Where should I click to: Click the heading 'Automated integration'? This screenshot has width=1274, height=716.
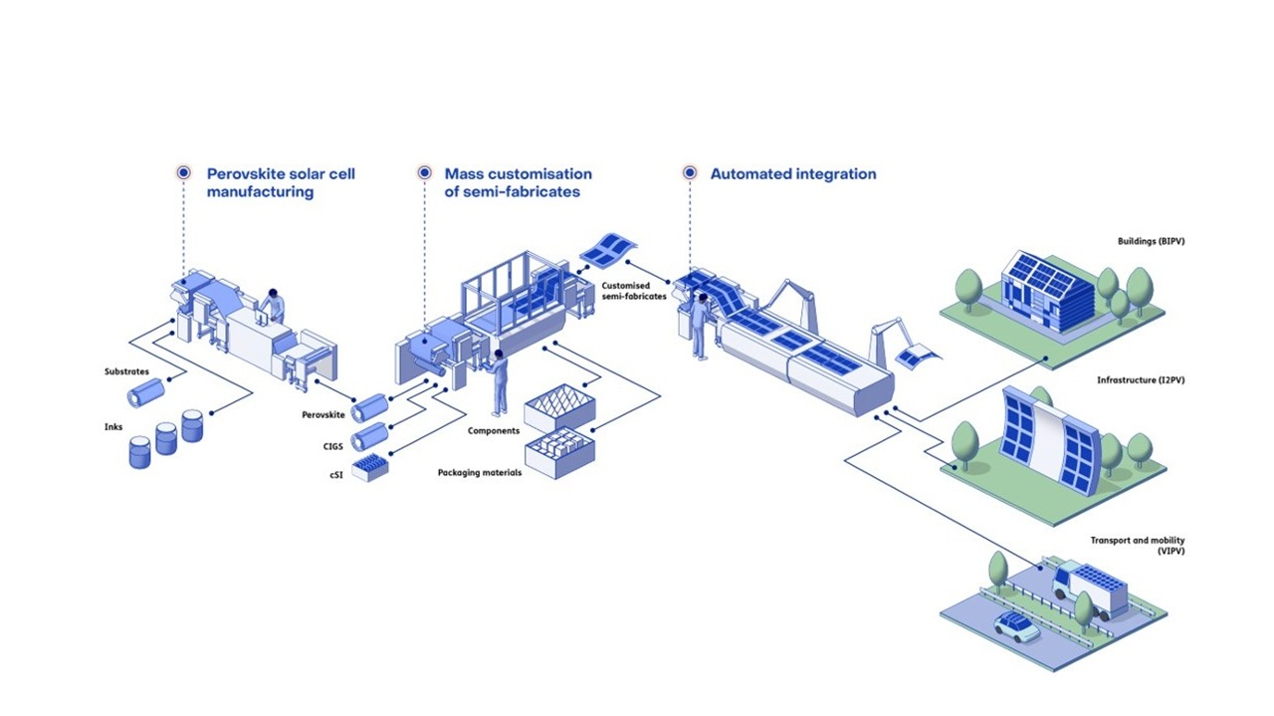click(792, 174)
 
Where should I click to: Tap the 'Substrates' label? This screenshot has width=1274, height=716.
click(126, 372)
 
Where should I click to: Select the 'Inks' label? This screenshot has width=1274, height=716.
click(113, 427)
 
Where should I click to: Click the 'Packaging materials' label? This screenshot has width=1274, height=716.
click(479, 472)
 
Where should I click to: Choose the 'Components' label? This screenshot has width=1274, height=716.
click(493, 431)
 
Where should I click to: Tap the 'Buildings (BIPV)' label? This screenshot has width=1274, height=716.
click(1151, 241)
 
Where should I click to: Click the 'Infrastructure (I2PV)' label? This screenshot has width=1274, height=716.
click(1141, 380)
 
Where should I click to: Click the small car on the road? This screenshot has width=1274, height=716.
click(1016, 626)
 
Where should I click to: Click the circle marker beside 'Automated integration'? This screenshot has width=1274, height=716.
click(690, 173)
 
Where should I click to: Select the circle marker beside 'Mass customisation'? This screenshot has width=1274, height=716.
click(424, 173)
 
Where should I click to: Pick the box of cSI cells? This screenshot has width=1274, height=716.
click(369, 466)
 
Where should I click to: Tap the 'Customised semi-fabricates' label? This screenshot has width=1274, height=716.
click(634, 291)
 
